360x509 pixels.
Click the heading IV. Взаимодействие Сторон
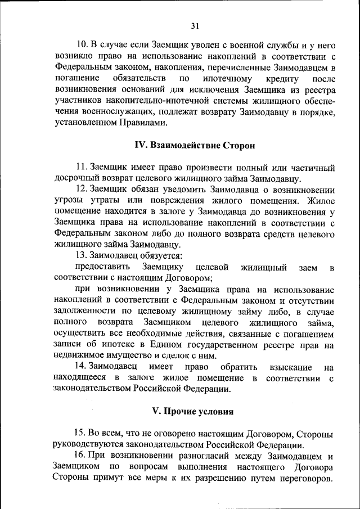pos(195,145)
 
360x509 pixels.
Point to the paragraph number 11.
pos(82,167)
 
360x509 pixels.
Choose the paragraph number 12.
pos(82,189)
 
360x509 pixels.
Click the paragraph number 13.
pos(82,255)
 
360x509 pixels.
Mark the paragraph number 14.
pos(82,367)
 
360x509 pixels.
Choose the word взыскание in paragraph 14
pos(283,367)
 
